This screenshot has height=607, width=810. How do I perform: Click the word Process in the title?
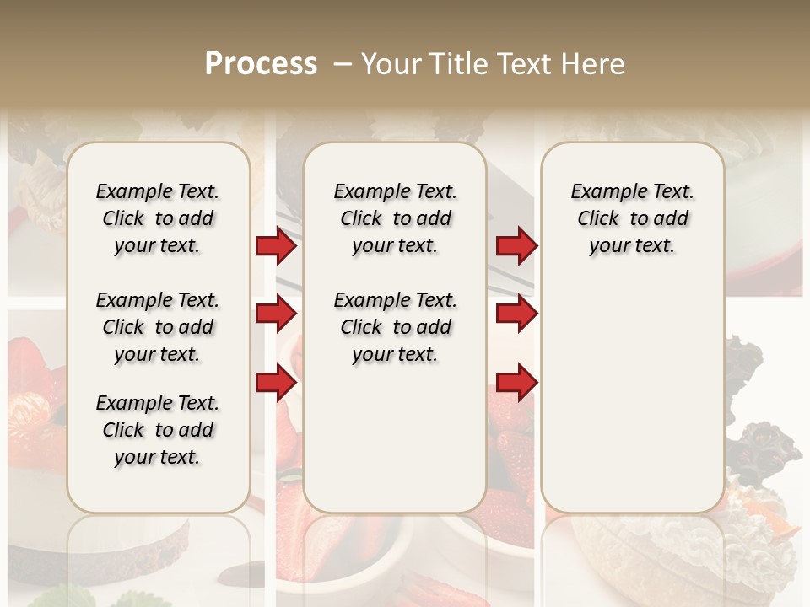coord(261,64)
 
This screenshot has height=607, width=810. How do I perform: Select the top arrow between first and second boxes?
coord(276,246)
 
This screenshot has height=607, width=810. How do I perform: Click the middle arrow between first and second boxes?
coord(276,314)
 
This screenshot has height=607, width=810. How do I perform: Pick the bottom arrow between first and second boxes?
coord(276,383)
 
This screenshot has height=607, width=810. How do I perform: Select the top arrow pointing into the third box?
coord(516,246)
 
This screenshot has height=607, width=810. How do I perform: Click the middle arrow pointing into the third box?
coord(516,314)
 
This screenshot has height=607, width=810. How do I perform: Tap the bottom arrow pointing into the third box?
coord(516,383)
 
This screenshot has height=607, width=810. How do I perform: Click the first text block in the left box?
coord(157,218)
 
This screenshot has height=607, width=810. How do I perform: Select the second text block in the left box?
coord(157,327)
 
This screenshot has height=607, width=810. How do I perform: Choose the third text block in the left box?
coord(157,430)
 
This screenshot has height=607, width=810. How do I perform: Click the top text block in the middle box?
coord(395,218)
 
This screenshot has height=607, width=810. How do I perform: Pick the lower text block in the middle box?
coord(395,327)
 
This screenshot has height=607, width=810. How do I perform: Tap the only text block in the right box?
coord(632,218)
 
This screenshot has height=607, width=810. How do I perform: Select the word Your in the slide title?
coord(387,64)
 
